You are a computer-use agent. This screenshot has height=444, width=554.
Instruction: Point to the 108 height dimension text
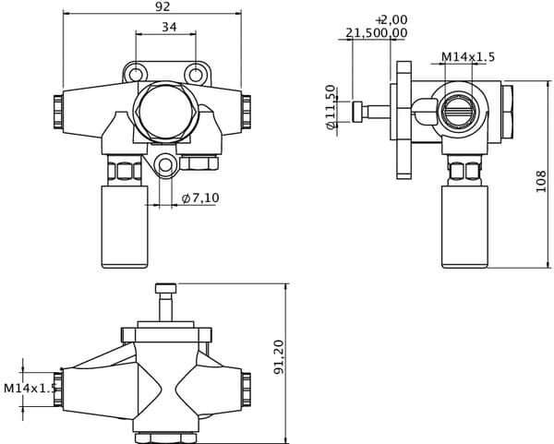541,181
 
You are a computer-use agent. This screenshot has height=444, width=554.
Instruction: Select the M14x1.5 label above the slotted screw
467,57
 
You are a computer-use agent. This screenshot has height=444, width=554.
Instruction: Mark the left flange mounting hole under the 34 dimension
137,74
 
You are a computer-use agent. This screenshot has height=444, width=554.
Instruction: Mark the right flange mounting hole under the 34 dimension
196,74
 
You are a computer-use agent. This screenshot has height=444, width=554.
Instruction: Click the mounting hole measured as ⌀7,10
165,167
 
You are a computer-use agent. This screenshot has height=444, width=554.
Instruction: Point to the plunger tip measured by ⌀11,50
356,112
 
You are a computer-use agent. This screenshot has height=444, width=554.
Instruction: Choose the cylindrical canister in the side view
463,224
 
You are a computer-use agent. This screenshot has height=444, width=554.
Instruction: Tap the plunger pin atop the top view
164,301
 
